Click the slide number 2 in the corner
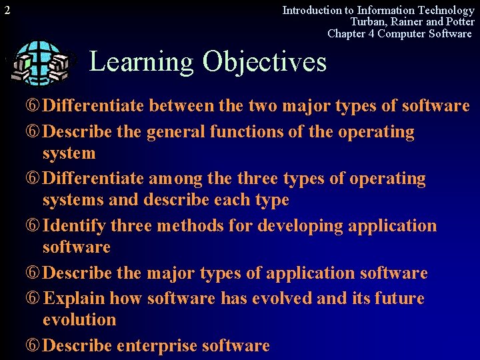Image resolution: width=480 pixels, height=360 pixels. point(5,10)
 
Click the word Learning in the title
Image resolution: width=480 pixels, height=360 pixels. point(141,61)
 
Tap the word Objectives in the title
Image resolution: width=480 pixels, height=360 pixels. point(265,61)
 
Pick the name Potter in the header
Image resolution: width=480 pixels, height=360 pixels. point(457,21)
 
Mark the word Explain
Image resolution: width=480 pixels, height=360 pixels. point(73,298)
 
